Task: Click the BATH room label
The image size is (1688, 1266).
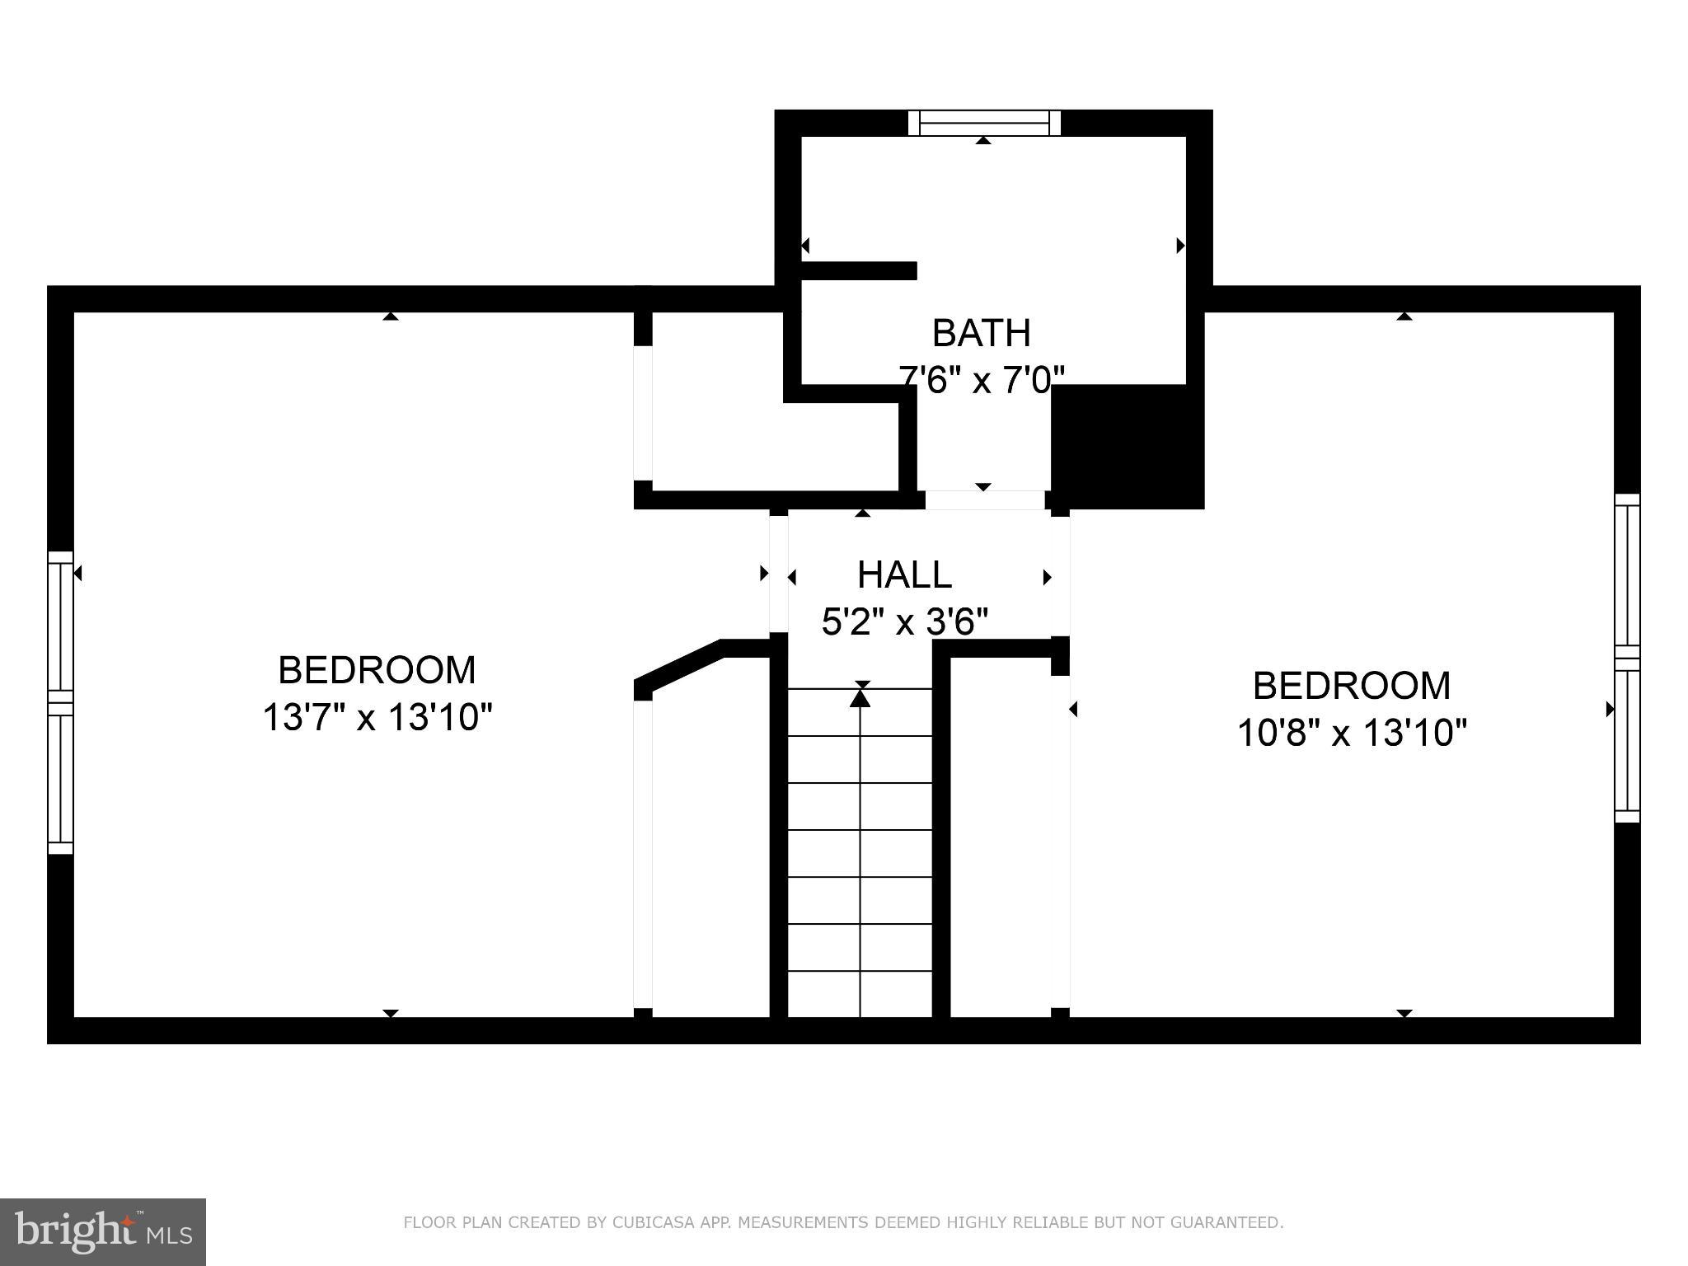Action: pyautogui.click(x=981, y=333)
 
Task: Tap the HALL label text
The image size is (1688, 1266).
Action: pyautogui.click(x=904, y=574)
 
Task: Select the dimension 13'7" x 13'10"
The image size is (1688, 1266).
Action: pyautogui.click(x=377, y=717)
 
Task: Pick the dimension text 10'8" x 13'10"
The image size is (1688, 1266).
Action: pyautogui.click(x=1352, y=732)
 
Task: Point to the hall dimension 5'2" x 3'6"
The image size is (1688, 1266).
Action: pyautogui.click(x=904, y=621)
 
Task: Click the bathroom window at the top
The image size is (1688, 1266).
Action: pyautogui.click(x=983, y=123)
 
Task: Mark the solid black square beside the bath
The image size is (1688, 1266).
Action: pyautogui.click(x=1128, y=446)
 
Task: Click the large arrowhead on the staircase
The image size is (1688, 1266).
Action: pyautogui.click(x=860, y=698)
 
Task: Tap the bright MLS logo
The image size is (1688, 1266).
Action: pyautogui.click(x=102, y=1231)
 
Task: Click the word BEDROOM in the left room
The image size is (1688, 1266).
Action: pyautogui.click(x=377, y=670)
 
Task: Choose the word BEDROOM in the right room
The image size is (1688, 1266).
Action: pyautogui.click(x=1352, y=686)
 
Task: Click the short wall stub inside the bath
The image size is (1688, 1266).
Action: pyautogui.click(x=859, y=271)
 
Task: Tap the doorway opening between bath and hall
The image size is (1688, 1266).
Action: pyautogui.click(x=984, y=500)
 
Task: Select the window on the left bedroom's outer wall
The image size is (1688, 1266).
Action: pyautogui.click(x=60, y=702)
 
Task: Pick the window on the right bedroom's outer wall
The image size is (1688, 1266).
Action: pyautogui.click(x=1627, y=658)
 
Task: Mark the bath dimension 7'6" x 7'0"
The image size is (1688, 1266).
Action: pyautogui.click(x=981, y=380)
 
